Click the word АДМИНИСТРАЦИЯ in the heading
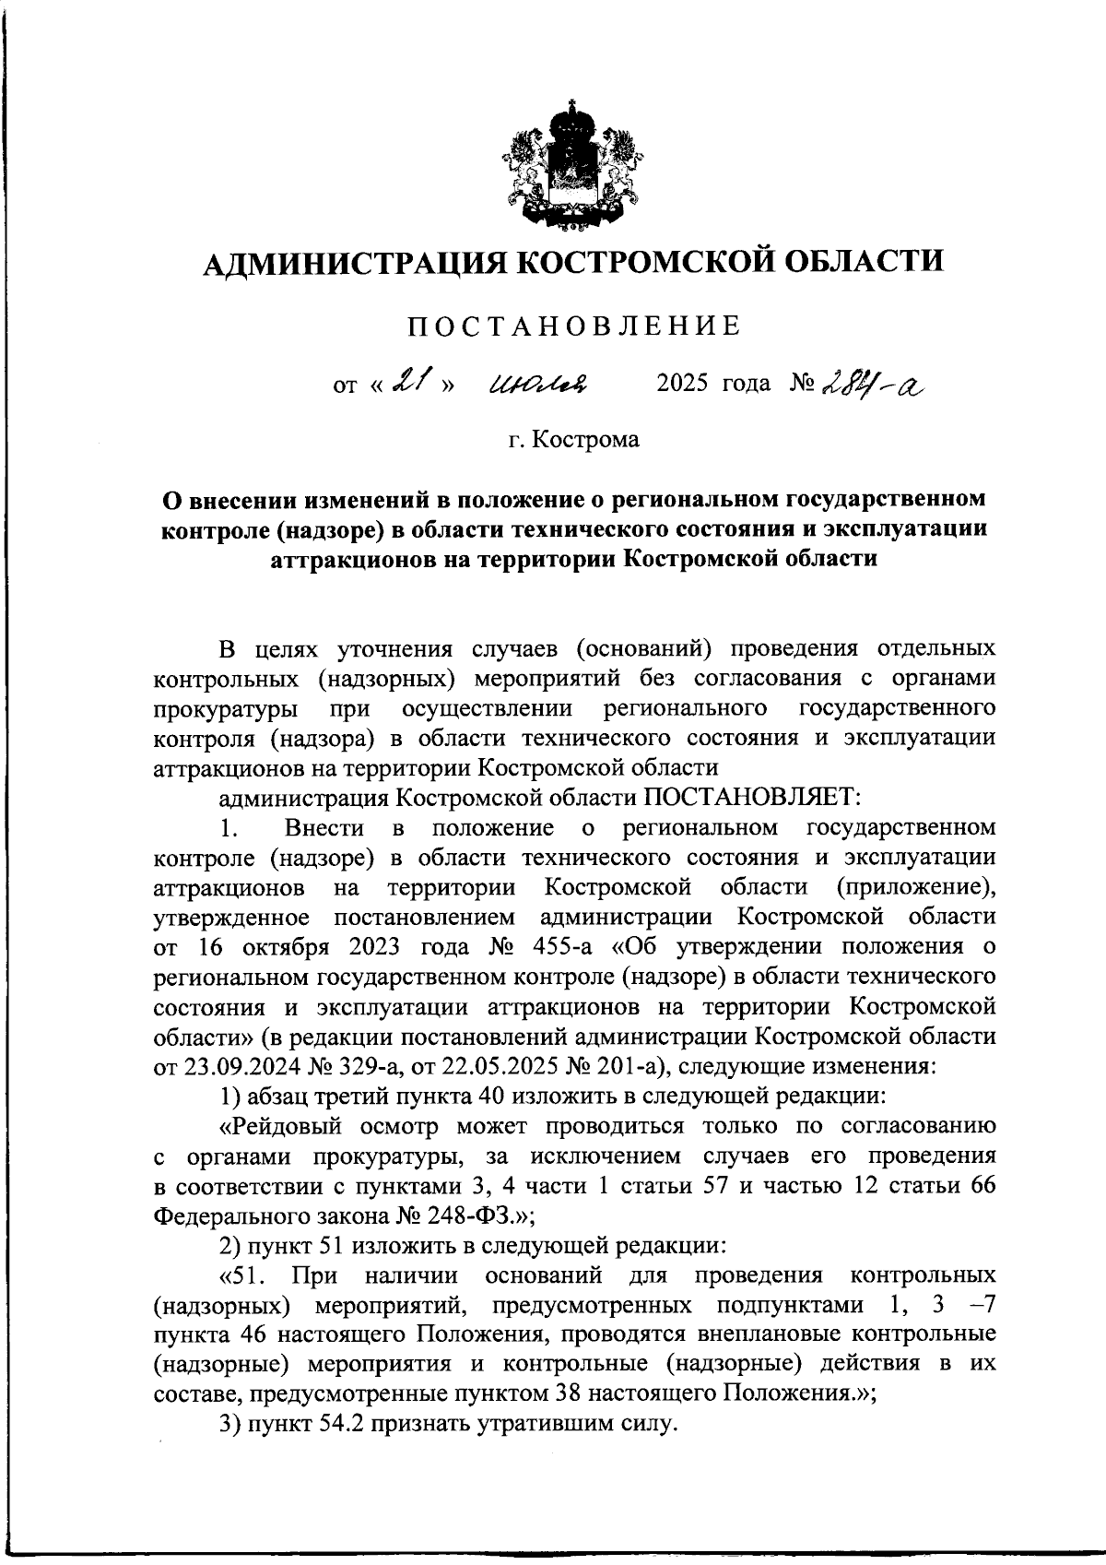pos(354,263)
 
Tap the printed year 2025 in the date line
pos(682,383)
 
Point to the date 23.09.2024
pos(237,1066)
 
